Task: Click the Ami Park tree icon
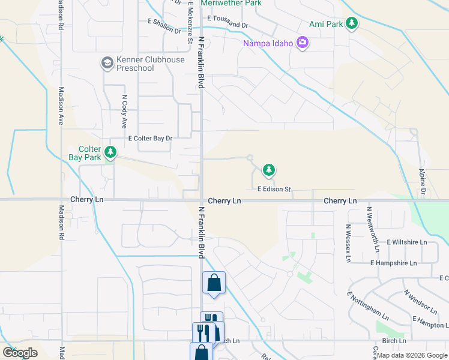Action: [352, 24]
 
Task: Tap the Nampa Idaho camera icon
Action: [303, 43]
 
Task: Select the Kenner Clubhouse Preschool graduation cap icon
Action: [107, 63]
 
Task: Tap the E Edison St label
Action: [274, 189]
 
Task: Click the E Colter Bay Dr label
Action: [151, 138]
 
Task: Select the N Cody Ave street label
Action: [125, 111]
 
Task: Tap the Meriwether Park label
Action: [231, 3]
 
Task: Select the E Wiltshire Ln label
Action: [406, 242]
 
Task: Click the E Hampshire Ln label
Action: [394, 263]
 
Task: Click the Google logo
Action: [20, 353]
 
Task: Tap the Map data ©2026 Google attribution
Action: [411, 355]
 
